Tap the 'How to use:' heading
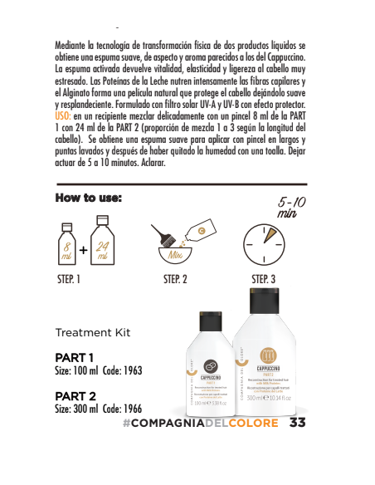tap(89, 198)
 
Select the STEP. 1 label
tap(69, 280)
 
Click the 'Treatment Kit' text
tap(93, 332)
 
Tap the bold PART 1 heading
tap(74, 357)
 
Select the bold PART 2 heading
tap(75, 396)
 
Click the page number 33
tap(299, 423)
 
